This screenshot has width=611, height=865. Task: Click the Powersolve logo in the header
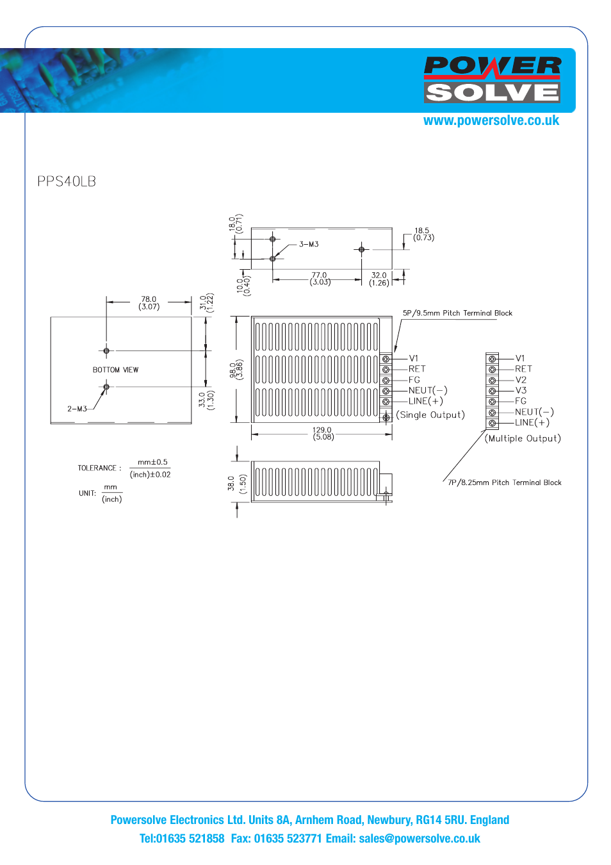[x=492, y=79]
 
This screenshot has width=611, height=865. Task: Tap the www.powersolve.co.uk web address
[x=491, y=120]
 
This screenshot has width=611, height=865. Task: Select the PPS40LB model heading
[x=67, y=181]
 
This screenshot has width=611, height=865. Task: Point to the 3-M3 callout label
[x=309, y=244]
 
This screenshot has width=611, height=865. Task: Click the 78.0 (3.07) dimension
[x=149, y=303]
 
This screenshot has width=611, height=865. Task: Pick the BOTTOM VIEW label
[x=115, y=370]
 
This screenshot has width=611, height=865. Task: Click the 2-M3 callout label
[x=77, y=409]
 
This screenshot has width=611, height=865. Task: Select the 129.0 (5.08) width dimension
[x=323, y=434]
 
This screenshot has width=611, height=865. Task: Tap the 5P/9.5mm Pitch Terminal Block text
[x=457, y=313]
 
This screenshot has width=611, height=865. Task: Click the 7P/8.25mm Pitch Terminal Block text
[x=505, y=482]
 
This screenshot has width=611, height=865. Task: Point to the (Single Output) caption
[x=430, y=415]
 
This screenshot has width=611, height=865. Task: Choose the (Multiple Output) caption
[x=523, y=438]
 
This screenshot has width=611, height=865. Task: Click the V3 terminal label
[x=521, y=390]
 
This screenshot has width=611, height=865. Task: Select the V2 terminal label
[x=521, y=380]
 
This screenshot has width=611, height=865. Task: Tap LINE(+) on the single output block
[x=426, y=401]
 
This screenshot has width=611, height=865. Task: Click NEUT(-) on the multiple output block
[x=534, y=412]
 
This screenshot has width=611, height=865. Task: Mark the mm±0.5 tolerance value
[x=152, y=462]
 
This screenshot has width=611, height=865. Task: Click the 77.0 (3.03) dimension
[x=320, y=279]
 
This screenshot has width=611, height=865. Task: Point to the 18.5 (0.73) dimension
[x=423, y=234]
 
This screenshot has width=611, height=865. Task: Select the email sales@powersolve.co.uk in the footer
[x=420, y=839]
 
